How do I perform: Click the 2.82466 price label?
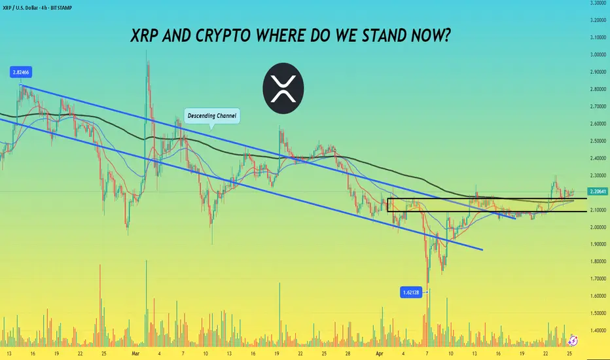click(21, 73)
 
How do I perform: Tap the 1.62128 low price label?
click(411, 293)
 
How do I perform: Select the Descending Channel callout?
click(211, 116)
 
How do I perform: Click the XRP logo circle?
click(283, 88)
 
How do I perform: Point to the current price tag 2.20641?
click(598, 192)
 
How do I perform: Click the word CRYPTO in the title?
click(223, 36)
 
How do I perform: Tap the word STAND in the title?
click(384, 36)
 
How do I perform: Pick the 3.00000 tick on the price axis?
click(598, 55)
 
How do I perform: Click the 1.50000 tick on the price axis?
click(598, 314)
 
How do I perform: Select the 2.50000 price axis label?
click(598, 141)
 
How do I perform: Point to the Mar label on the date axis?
click(135, 353)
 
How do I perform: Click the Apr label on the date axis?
click(380, 353)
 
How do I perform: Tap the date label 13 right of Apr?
click(475, 353)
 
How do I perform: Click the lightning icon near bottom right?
click(573, 340)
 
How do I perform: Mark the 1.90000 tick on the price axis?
click(598, 244)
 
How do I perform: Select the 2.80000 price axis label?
click(598, 89)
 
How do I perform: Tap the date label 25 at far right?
click(569, 353)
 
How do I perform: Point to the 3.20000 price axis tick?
click(598, 20)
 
